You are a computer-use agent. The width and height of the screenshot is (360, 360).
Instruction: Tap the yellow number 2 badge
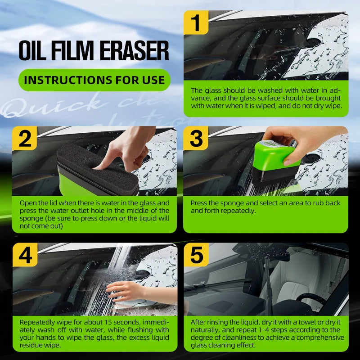tap(25, 139)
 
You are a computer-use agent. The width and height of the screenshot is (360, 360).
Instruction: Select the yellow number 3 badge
tap(196, 139)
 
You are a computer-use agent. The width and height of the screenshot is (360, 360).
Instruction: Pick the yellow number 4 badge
tap(25, 256)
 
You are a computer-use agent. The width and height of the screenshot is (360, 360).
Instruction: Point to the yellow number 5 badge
tap(196, 256)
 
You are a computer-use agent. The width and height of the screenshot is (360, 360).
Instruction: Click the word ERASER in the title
tap(133, 51)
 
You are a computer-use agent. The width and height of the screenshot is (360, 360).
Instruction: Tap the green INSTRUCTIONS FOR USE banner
tap(94, 81)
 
